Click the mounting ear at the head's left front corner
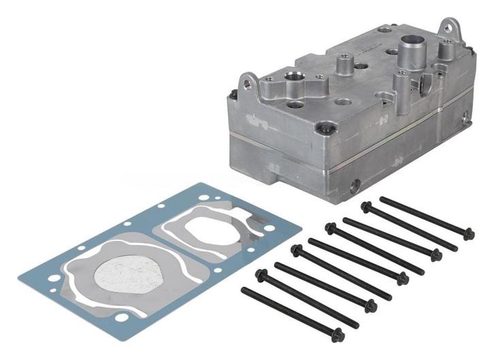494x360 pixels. coord(249,85)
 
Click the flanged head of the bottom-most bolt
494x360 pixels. coord(337,334)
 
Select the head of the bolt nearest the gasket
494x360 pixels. coord(262,275)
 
